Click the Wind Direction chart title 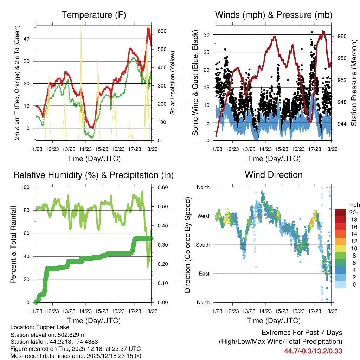(274, 175)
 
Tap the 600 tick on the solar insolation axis (162, 31)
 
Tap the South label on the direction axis (202, 245)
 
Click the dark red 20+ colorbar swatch (340, 212)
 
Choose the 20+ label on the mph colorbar (353, 212)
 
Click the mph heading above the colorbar (353, 205)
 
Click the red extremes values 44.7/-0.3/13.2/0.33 (313, 351)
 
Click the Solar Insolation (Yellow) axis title (173, 83)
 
